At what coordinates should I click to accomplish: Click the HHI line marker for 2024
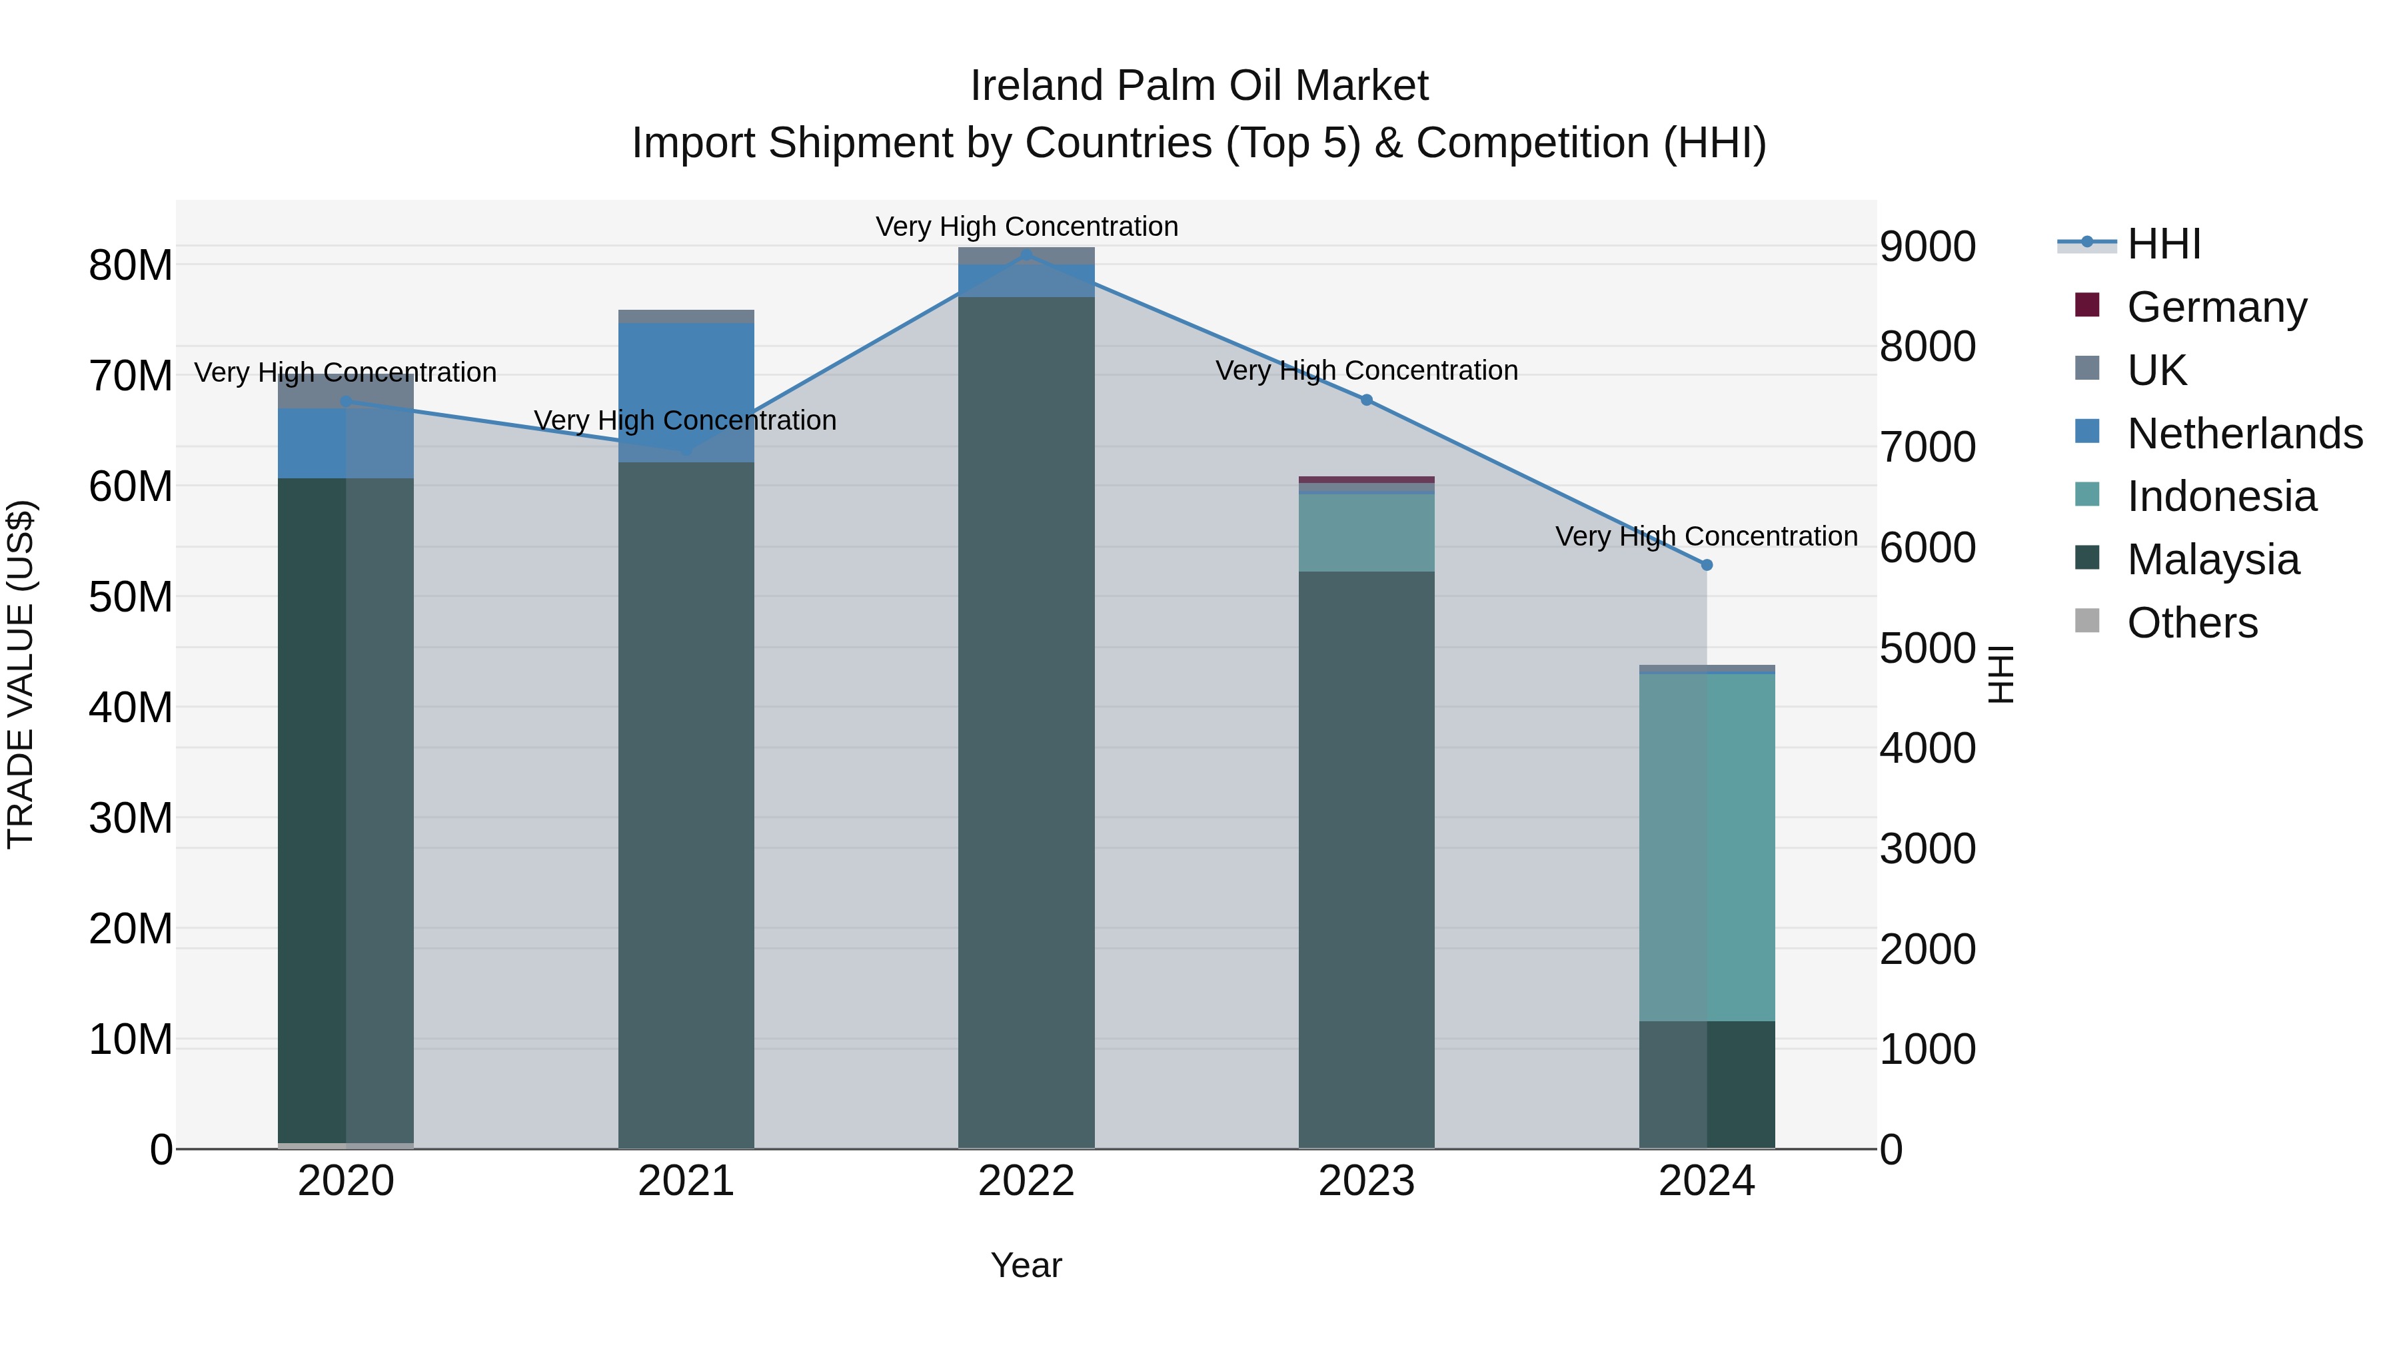click(x=1706, y=565)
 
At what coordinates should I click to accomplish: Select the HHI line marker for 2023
click(x=1366, y=400)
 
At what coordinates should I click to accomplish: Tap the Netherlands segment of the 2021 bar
click(x=686, y=392)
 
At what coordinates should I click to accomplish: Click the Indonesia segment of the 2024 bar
click(x=1706, y=847)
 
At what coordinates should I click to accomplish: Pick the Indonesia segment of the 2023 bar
click(x=1366, y=532)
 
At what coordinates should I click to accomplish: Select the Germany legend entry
click(x=2216, y=307)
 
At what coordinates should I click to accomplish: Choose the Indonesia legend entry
click(x=2221, y=496)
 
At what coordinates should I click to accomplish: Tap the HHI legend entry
click(x=2162, y=244)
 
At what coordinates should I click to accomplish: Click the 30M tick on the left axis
click(x=131, y=818)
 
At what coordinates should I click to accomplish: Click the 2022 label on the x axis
click(x=1026, y=1181)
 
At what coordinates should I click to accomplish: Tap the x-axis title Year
click(x=1026, y=1265)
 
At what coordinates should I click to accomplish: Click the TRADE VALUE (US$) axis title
click(x=21, y=674)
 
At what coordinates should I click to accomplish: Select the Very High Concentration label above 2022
click(x=1026, y=226)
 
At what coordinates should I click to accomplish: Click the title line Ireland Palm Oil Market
click(x=1199, y=86)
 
